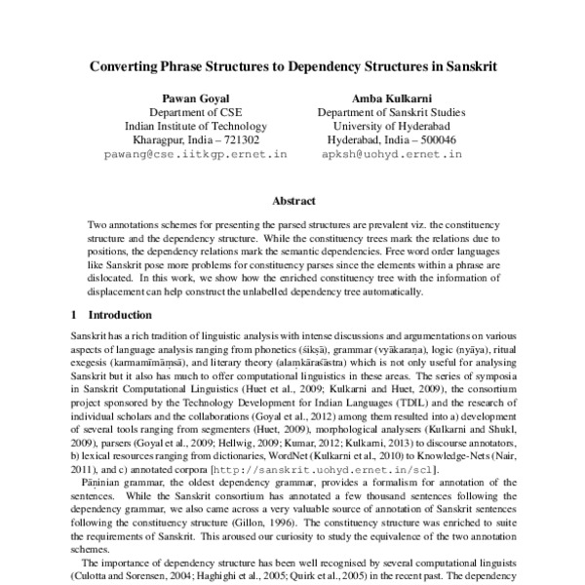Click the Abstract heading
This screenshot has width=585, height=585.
[292, 201]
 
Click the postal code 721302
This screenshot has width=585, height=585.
[237, 139]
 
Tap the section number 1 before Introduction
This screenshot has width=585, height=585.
[75, 316]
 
